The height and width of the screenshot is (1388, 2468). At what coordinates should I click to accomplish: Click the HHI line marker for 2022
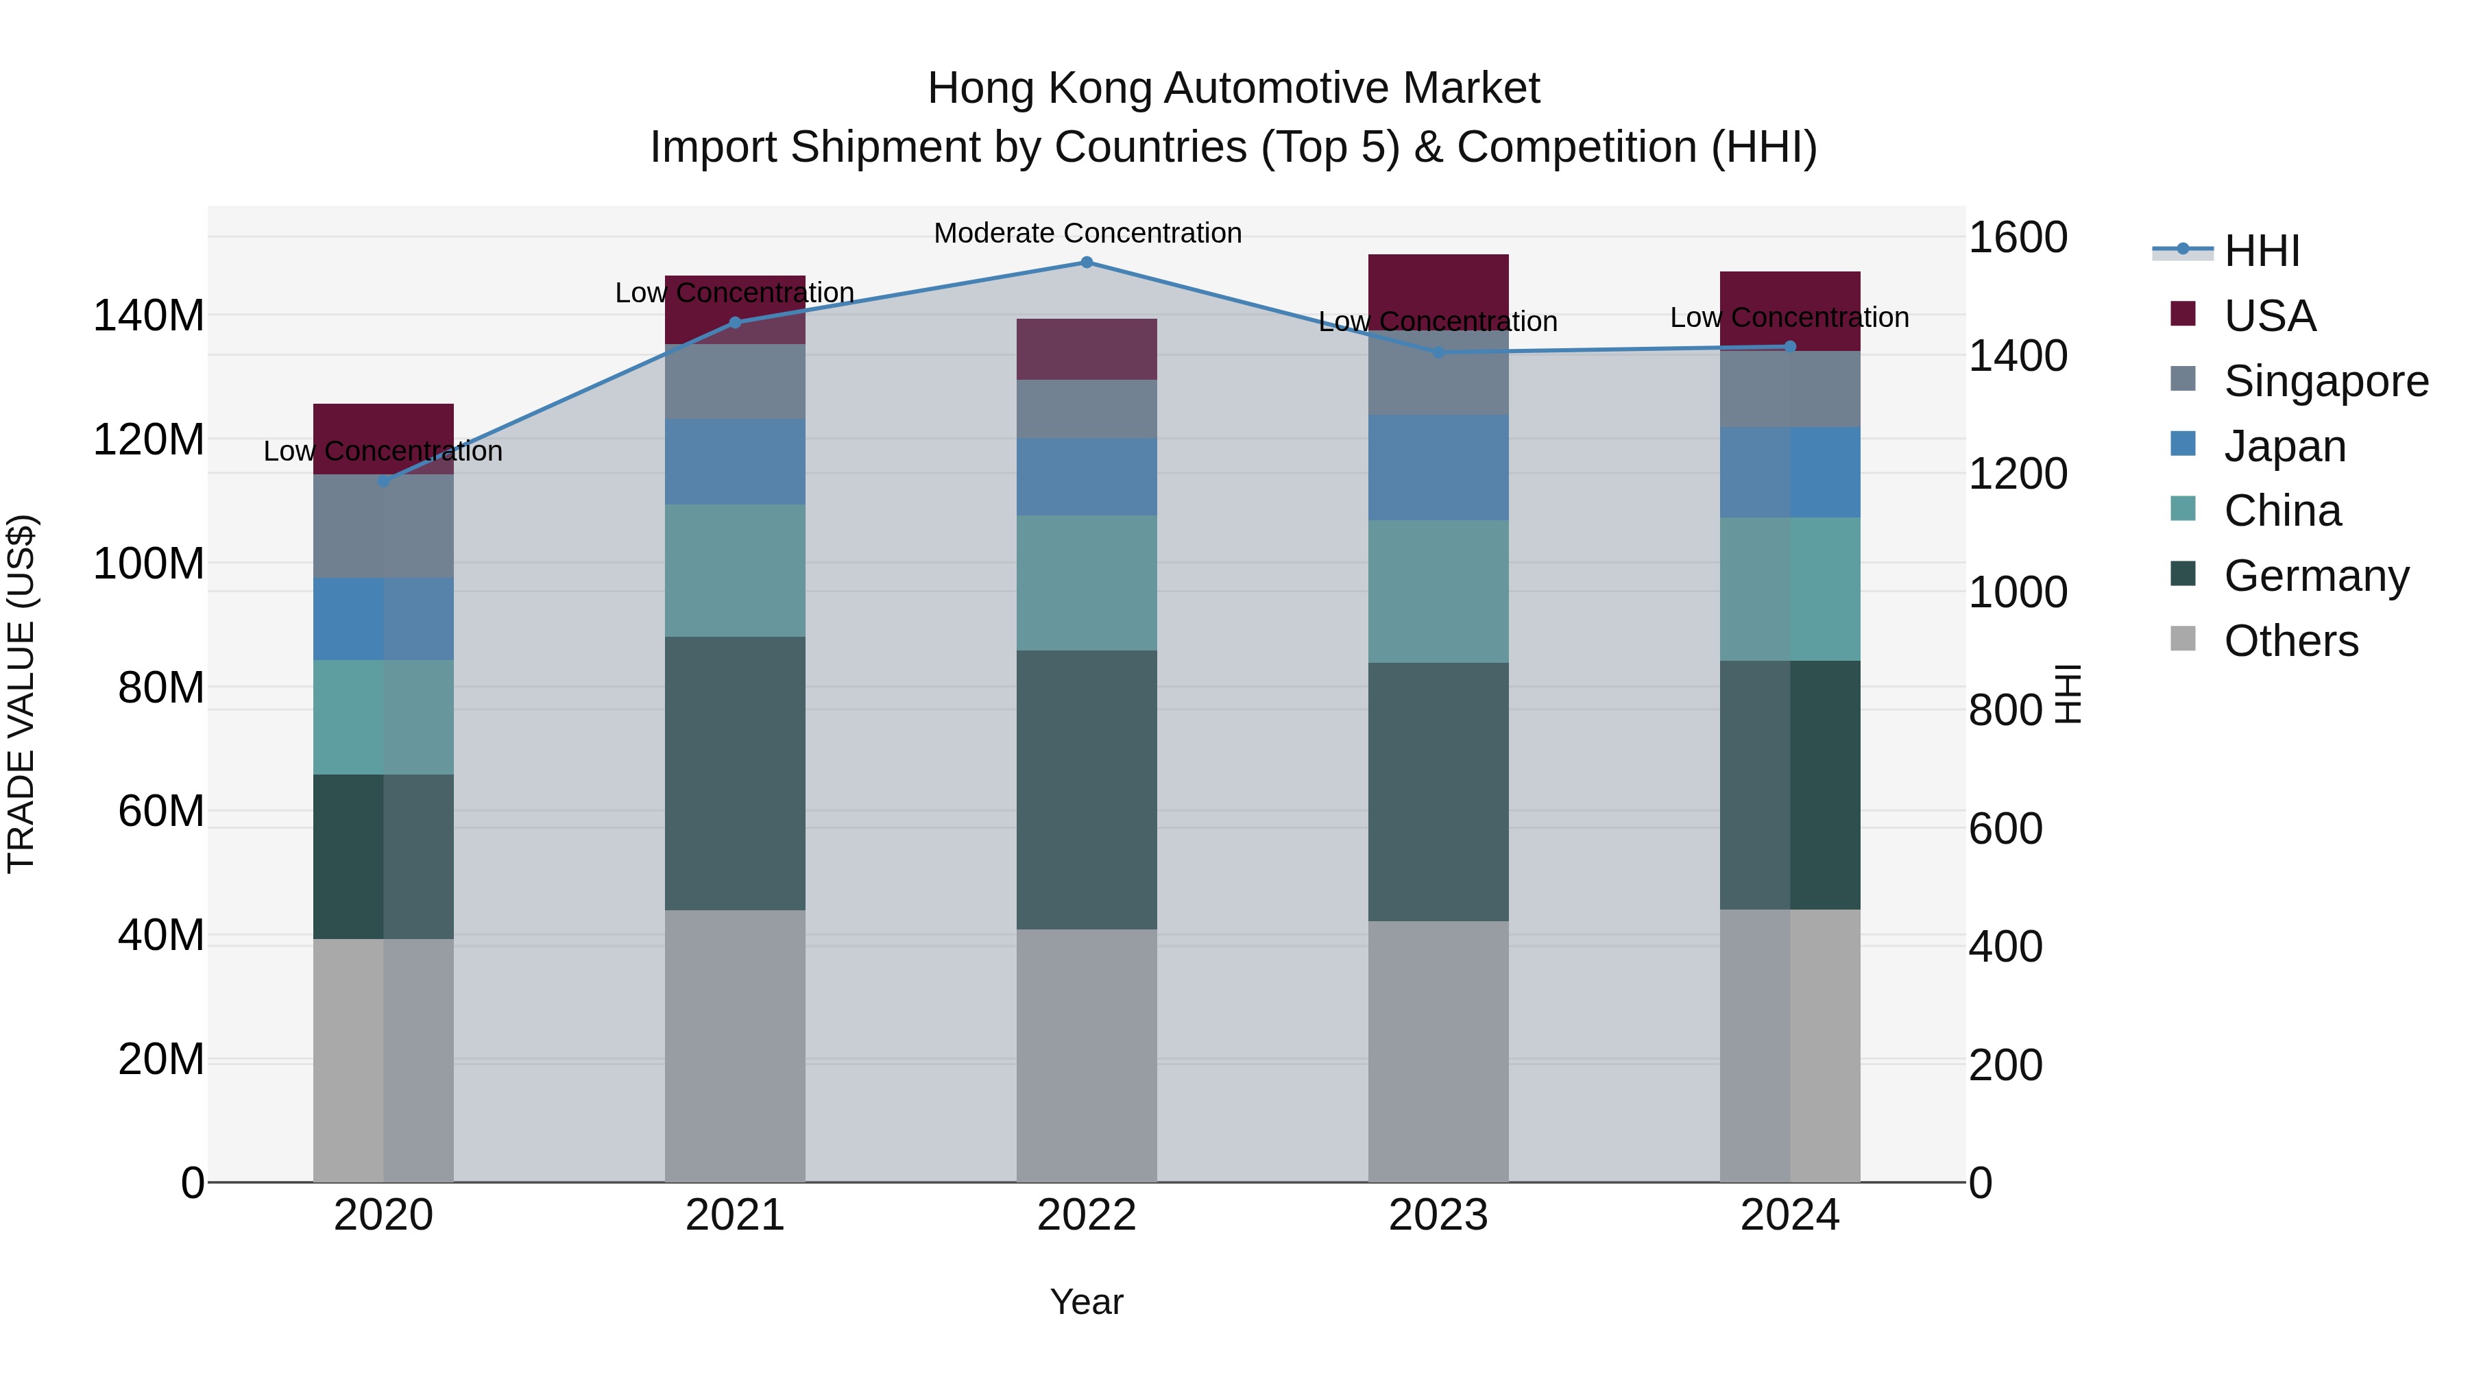coord(1087,262)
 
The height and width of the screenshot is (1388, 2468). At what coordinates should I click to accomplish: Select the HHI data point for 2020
coord(383,481)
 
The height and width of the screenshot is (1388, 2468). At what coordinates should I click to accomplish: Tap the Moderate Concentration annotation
coord(1087,233)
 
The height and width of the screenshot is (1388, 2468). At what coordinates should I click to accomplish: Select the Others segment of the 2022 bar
coord(1087,1054)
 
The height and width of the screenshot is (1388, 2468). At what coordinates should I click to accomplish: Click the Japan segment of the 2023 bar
coord(1438,467)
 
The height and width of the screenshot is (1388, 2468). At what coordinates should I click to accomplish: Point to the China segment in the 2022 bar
coord(1087,583)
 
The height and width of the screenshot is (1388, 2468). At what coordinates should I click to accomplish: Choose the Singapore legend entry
coord(2325,381)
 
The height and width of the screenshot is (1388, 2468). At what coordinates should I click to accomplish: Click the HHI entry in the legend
coord(2261,251)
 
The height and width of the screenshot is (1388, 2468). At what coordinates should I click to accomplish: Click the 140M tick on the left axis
coord(149,316)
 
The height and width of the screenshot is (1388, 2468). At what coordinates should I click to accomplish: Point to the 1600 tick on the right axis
coord(2017,238)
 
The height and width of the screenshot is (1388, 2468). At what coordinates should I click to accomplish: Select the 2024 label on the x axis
coord(1789,1215)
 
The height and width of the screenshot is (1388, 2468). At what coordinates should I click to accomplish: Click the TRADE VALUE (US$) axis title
coord(21,694)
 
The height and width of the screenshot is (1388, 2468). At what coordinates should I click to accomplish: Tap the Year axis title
coord(1087,1302)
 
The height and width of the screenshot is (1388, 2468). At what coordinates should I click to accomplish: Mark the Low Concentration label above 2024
coord(1789,317)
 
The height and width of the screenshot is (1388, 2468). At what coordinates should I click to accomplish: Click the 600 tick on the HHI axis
coord(2005,829)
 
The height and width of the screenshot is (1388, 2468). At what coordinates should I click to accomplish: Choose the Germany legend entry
coord(2316,576)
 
